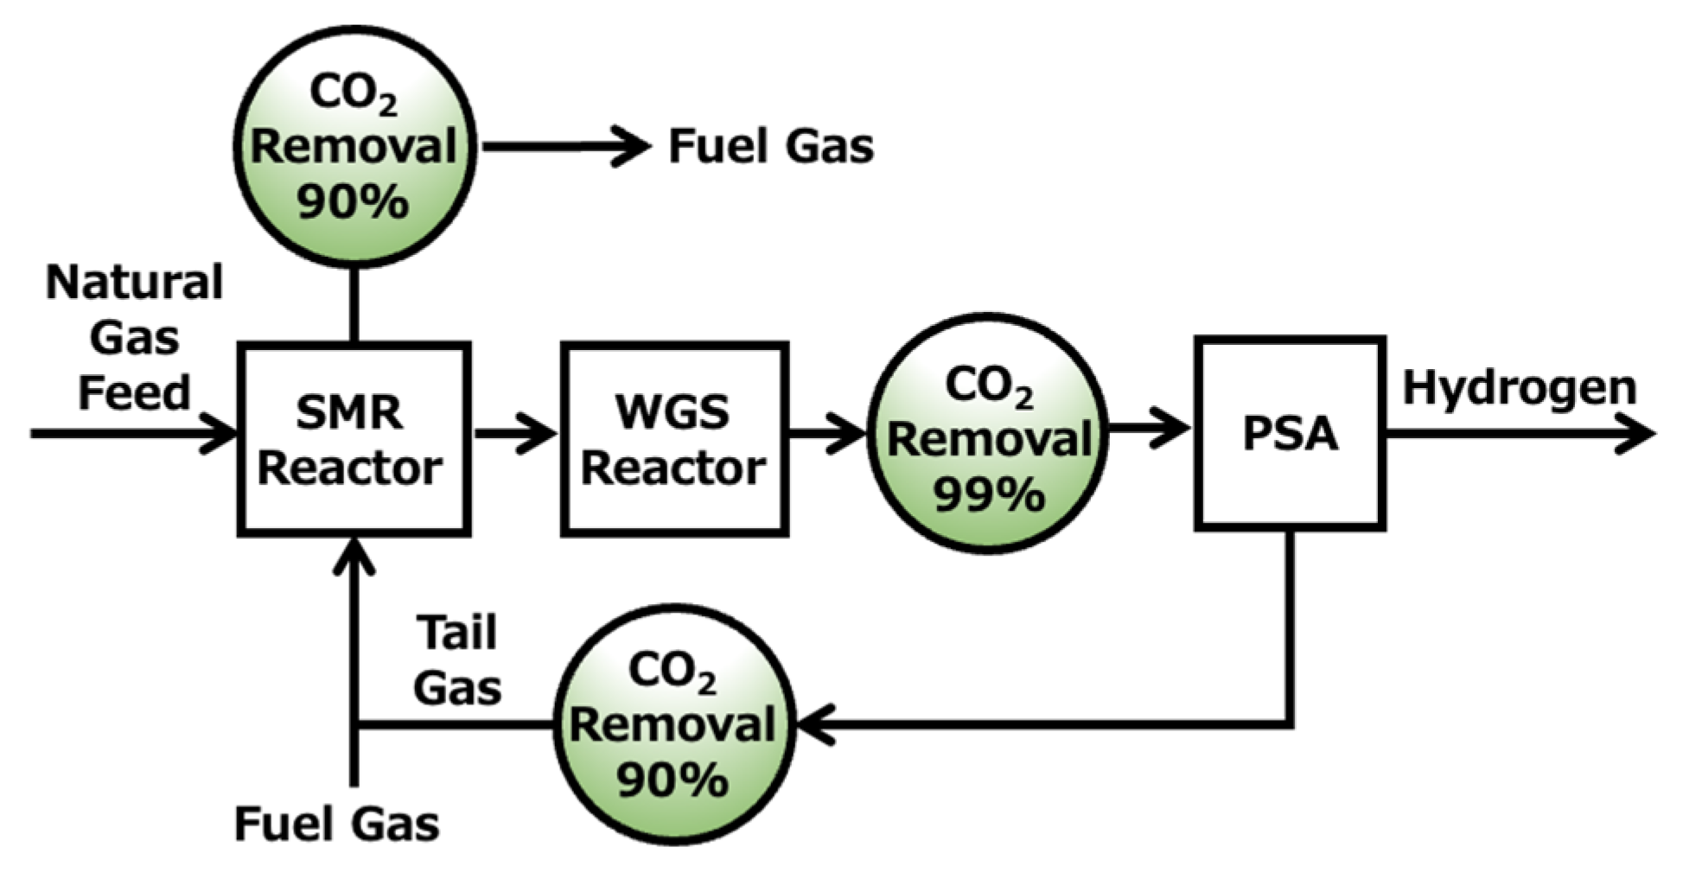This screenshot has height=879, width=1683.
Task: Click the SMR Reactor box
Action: pyautogui.click(x=354, y=438)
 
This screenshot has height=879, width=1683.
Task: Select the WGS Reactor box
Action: pyautogui.click(x=674, y=438)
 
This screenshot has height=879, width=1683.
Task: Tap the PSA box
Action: pyautogui.click(x=1290, y=433)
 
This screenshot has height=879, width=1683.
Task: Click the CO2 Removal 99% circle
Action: pyautogui.click(x=988, y=433)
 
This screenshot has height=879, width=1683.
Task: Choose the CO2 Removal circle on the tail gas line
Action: pyautogui.click(x=673, y=724)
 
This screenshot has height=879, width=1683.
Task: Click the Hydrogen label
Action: pyautogui.click(x=1519, y=388)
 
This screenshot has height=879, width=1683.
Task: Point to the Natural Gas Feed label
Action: pyautogui.click(x=134, y=337)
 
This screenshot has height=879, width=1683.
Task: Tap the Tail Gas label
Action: pyautogui.click(x=458, y=661)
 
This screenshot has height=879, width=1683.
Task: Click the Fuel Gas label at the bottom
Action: pyautogui.click(x=336, y=824)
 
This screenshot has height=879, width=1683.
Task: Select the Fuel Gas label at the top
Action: pyautogui.click(x=770, y=146)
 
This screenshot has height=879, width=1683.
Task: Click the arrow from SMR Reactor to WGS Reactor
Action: pyautogui.click(x=514, y=433)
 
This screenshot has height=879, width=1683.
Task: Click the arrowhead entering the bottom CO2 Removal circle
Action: pyautogui.click(x=813, y=724)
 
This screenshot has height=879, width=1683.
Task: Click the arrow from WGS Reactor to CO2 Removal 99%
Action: pyautogui.click(x=827, y=433)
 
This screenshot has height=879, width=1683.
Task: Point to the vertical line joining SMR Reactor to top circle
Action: pyautogui.click(x=354, y=307)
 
